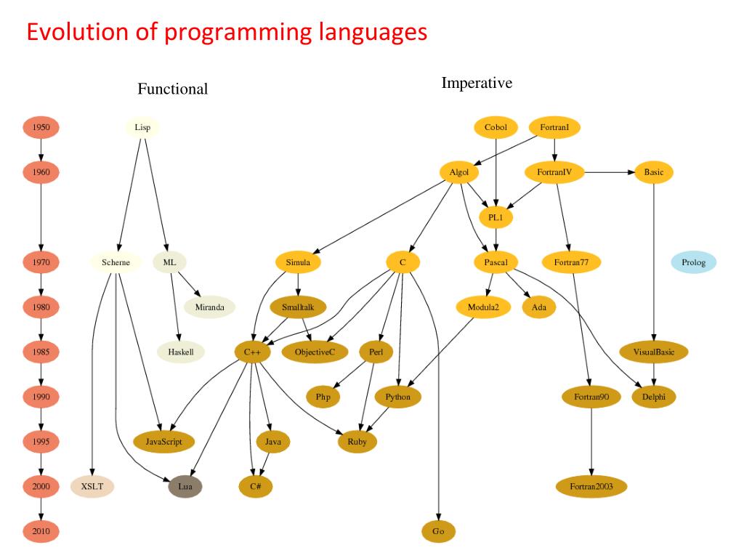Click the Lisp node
point(142,128)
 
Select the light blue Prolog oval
point(693,262)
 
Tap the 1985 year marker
point(41,352)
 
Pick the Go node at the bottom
point(438,532)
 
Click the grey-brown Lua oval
point(185,486)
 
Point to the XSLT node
point(92,486)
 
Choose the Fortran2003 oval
point(591,486)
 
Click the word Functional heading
point(173,89)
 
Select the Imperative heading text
point(477,83)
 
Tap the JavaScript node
point(164,441)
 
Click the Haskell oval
point(181,352)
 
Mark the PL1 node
point(496,217)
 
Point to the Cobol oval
point(496,128)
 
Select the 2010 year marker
point(41,532)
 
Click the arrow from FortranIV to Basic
point(610,172)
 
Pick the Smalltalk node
point(298,307)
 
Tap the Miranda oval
point(210,307)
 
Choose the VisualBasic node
point(654,352)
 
